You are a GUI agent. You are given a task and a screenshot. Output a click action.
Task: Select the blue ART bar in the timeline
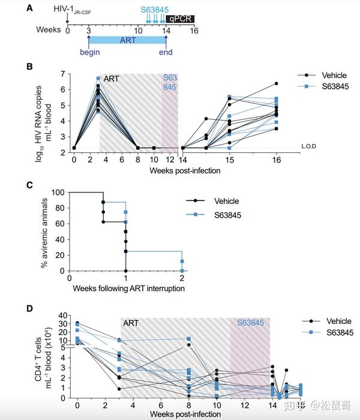tap(127, 40)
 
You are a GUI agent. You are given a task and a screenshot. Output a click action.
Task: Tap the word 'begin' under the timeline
tap(89, 52)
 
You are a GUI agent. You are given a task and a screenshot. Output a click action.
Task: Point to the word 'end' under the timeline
tap(166, 52)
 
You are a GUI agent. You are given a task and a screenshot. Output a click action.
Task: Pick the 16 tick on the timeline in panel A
tap(194, 29)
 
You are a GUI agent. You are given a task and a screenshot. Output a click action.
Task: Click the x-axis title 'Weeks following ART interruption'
tap(129, 288)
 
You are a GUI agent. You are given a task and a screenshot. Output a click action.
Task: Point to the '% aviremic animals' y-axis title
tap(46, 231)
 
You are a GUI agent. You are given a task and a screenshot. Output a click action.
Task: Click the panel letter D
tap(29, 309)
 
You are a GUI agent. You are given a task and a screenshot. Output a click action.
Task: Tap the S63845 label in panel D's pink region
tap(250, 323)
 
